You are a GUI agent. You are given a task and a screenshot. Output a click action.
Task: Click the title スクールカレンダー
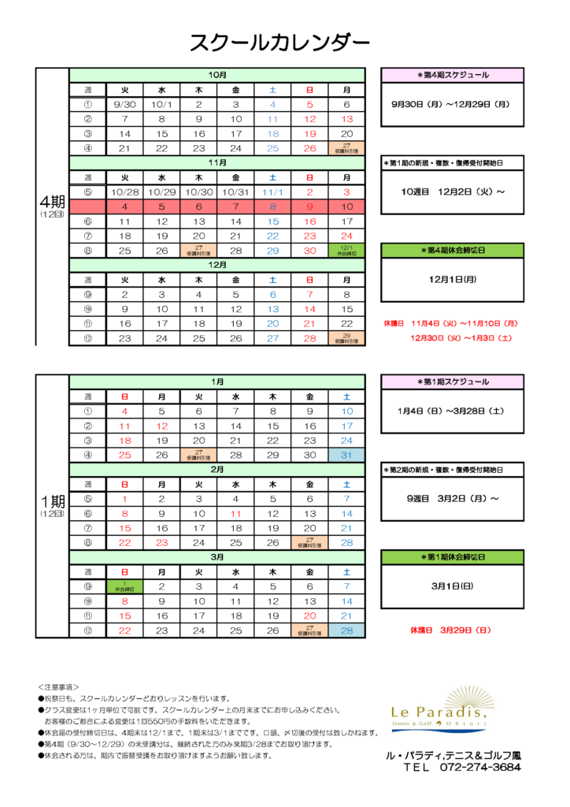click(279, 43)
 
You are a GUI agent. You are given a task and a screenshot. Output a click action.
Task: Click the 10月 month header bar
click(217, 75)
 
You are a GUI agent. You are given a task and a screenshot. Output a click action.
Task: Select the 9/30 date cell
click(124, 104)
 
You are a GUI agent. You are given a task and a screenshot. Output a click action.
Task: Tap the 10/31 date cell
click(235, 192)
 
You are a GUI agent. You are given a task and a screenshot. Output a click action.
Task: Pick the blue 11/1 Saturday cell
click(272, 192)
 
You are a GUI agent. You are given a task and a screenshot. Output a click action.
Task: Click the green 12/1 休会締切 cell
click(346, 251)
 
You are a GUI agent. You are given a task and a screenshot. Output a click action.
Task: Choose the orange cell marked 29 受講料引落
click(346, 338)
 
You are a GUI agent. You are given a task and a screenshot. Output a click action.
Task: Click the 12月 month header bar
click(217, 265)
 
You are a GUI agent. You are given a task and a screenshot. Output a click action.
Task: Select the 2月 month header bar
click(217, 469)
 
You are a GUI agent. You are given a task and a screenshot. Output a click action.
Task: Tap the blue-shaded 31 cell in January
click(346, 455)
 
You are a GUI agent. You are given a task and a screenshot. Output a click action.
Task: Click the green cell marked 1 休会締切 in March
click(124, 586)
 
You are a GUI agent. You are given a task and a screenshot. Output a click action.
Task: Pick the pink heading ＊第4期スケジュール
click(453, 75)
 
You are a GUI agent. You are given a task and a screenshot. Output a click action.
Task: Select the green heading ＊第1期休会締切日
click(453, 557)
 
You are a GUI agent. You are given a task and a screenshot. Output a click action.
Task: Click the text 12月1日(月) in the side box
click(453, 279)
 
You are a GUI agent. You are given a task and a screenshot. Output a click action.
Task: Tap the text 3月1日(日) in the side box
click(453, 586)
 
